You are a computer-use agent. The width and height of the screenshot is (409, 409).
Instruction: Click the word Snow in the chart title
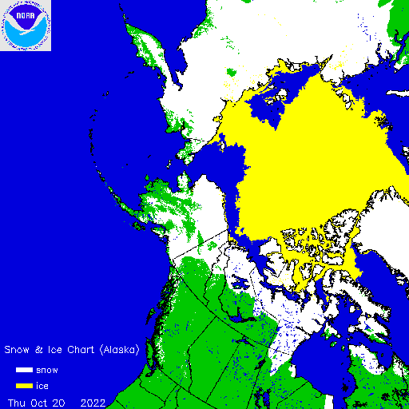(x=18, y=350)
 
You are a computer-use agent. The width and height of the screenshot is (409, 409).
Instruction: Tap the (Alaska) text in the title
(x=118, y=350)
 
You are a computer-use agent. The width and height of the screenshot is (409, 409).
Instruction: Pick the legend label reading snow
(x=47, y=371)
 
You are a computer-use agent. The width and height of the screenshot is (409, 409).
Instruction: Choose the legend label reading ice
(x=42, y=386)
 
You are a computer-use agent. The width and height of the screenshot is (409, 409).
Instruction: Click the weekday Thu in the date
(x=17, y=401)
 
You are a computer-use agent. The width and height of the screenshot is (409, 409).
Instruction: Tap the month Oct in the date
(x=41, y=401)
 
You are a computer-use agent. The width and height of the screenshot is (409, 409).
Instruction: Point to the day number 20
(x=60, y=401)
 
